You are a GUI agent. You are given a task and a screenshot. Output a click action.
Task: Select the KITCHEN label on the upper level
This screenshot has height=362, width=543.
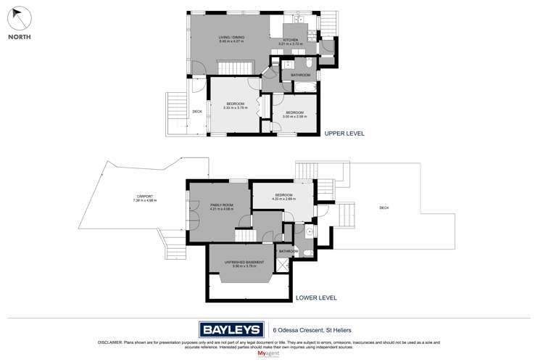291,41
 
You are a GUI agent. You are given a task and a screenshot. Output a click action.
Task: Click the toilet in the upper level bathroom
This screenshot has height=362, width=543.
308,74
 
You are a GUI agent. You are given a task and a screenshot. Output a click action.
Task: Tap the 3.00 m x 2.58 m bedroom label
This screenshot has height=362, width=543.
294,115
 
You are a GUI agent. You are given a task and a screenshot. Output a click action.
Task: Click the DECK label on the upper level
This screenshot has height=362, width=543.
196,111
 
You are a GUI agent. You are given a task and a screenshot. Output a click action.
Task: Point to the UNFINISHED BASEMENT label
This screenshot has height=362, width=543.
242,264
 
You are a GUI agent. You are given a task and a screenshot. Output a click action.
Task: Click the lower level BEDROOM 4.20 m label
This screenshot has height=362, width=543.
283,197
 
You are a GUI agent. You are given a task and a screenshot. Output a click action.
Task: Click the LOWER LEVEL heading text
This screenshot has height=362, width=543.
316,298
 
